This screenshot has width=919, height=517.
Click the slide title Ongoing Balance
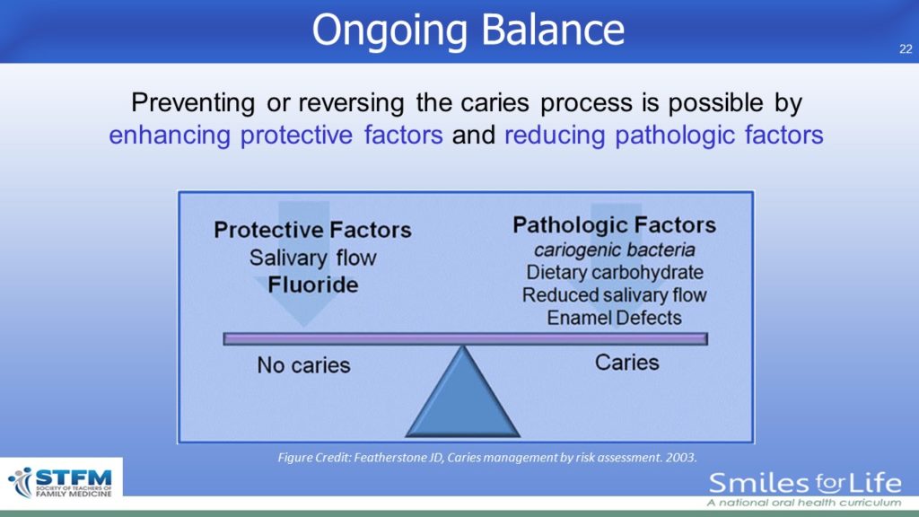pyautogui.click(x=468, y=30)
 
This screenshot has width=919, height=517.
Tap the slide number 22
pyautogui.click(x=906, y=49)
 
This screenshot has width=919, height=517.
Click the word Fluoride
pyautogui.click(x=313, y=285)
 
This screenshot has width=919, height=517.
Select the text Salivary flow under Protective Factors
pyautogui.click(x=313, y=258)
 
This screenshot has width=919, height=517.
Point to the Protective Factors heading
pyautogui.click(x=312, y=230)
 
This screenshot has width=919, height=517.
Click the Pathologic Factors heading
pyautogui.click(x=614, y=225)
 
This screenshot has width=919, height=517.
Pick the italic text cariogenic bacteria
pyautogui.click(x=614, y=250)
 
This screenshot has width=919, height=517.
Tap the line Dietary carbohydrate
pyautogui.click(x=614, y=273)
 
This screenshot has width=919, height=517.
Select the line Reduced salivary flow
pyautogui.click(x=614, y=294)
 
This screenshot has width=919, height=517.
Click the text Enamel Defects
pyautogui.click(x=614, y=318)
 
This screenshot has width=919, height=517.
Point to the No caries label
pyautogui.click(x=303, y=365)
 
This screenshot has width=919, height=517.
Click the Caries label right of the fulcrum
pyautogui.click(x=627, y=363)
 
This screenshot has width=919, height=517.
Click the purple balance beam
pyautogui.click(x=466, y=338)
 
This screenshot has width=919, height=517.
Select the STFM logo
pyautogui.click(x=61, y=483)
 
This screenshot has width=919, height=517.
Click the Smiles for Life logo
pyautogui.click(x=805, y=489)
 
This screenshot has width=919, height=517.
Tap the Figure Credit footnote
pyautogui.click(x=487, y=457)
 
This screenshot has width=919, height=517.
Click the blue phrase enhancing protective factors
pyautogui.click(x=276, y=135)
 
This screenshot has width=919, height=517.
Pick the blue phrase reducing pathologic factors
pyautogui.click(x=664, y=135)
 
